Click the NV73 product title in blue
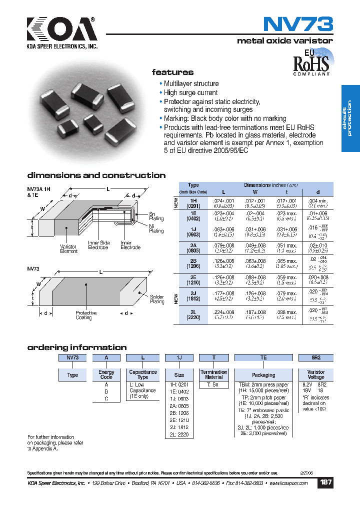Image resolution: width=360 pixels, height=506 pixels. point(297,25)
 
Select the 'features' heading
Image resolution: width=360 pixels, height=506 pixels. point(172,72)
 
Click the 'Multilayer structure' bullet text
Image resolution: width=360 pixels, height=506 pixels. point(191,84)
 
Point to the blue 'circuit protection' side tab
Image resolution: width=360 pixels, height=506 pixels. point(350,118)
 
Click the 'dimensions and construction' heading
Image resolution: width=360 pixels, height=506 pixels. point(96,175)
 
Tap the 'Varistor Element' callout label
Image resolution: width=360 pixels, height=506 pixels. point(69,249)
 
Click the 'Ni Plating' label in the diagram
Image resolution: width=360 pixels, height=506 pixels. point(156,228)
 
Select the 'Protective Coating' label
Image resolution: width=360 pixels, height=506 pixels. point(86,315)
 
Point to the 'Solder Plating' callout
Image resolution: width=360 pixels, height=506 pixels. point(156,299)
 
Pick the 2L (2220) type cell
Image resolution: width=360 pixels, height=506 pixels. point(193,315)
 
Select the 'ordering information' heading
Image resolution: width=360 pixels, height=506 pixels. point(76,347)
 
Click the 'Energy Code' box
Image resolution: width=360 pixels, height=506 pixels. point(106,375)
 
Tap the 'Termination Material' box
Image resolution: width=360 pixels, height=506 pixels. point(214,375)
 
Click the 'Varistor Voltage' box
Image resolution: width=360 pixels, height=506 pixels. point(315,375)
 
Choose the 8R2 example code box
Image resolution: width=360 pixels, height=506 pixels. point(315,357)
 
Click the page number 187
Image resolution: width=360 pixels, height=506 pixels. point(325,483)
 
